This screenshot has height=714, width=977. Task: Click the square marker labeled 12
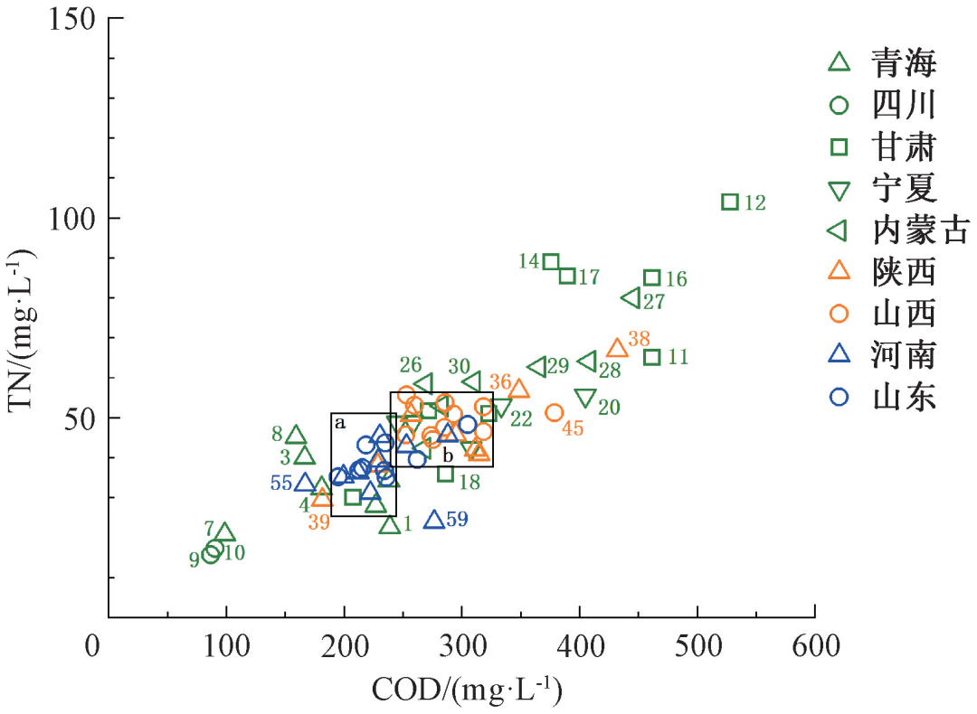coord(730,202)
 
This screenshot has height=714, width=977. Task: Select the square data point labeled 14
coord(552,262)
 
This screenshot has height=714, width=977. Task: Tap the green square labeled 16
coord(651,277)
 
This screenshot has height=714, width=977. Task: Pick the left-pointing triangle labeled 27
coord(631,297)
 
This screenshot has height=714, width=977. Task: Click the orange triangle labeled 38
coord(617,348)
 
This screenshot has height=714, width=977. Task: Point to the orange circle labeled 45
coord(555,412)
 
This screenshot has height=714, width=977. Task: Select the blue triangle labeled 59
coord(434,520)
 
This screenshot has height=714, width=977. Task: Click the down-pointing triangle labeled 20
coord(585,398)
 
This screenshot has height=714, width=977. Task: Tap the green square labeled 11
coord(651,357)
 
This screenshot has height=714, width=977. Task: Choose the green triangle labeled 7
coord(225,532)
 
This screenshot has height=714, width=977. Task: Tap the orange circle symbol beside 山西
coord(839,314)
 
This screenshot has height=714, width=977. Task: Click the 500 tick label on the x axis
coord(697,646)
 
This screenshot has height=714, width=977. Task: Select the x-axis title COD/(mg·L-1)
coord(467,691)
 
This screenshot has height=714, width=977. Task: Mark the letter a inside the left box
coord(340,422)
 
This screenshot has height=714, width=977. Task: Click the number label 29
coord(557,366)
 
